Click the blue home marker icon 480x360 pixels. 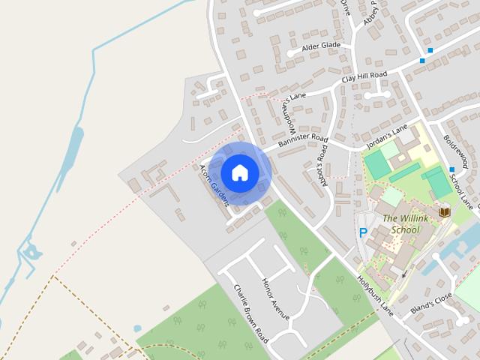coord(240,172)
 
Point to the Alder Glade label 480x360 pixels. coord(321,46)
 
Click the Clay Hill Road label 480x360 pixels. coord(364,76)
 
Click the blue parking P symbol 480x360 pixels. coord(363,233)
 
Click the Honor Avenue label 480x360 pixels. coord(274,298)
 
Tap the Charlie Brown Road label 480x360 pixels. coord(250,313)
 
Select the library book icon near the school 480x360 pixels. coord(445,212)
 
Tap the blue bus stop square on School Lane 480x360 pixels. coord(451,169)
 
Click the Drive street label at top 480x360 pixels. coord(346,7)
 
